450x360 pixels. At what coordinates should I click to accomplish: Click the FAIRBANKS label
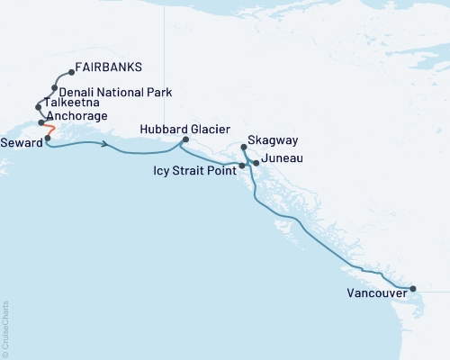pyautogui.click(x=109, y=67)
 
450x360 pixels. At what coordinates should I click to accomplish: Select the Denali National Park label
pyautogui.click(x=121, y=92)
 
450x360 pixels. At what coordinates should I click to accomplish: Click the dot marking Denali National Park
pyautogui.click(x=56, y=88)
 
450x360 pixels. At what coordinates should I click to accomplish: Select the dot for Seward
pyautogui.click(x=48, y=139)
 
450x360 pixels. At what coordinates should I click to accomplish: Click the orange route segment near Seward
pyautogui.click(x=51, y=130)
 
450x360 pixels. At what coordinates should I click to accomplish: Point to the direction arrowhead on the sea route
pyautogui.click(x=108, y=145)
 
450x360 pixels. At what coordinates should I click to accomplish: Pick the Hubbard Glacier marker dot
pyautogui.click(x=185, y=139)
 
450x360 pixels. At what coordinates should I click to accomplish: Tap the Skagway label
pyautogui.click(x=272, y=142)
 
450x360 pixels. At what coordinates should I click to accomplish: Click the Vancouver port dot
pyautogui.click(x=413, y=289)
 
